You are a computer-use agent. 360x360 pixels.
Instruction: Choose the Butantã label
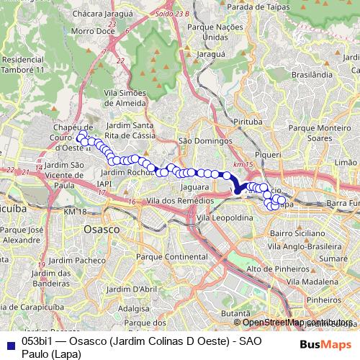pyautogui.click(x=235, y=314)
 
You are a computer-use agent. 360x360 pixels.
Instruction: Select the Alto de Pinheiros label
pyautogui.click(x=273, y=269)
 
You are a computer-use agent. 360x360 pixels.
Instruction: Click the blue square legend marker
pyautogui.click(x=9, y=342)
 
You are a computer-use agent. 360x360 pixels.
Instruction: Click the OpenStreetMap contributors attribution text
pyautogui.click(x=298, y=322)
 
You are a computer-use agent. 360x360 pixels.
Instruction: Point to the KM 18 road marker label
pyautogui.click(x=74, y=212)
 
